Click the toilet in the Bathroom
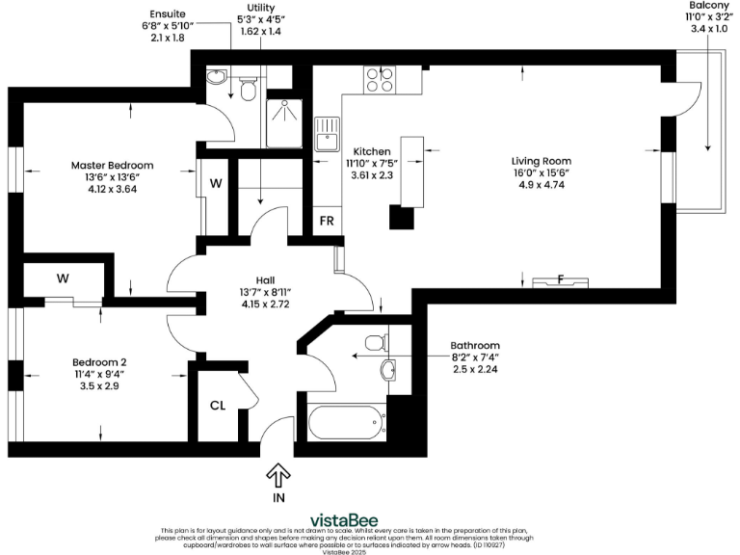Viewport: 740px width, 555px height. click(x=377, y=342)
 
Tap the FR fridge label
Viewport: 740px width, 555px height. click(x=327, y=220)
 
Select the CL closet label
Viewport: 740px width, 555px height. click(x=218, y=405)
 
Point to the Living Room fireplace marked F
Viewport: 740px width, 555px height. click(x=561, y=282)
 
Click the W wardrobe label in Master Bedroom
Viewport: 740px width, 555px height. click(x=216, y=183)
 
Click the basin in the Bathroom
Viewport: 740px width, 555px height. click(x=387, y=370)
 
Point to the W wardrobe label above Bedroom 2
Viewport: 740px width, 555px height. click(x=62, y=279)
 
